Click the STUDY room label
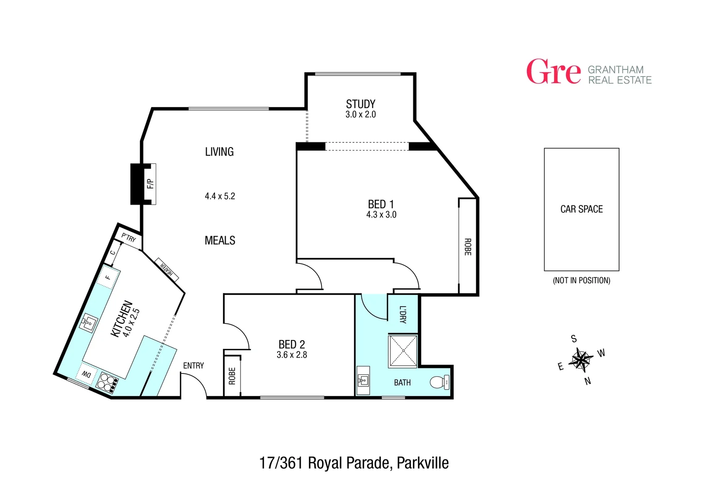click(x=360, y=104)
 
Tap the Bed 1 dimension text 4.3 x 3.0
click(x=381, y=215)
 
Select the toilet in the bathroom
click(x=439, y=382)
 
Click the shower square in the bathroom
click(x=403, y=351)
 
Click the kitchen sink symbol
click(x=88, y=322)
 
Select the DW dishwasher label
click(x=87, y=374)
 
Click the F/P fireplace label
click(x=150, y=184)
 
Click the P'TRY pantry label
click(x=128, y=238)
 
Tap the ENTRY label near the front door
click(x=193, y=366)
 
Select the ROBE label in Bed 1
click(x=468, y=247)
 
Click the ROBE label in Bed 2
click(x=232, y=376)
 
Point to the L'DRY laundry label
click(x=403, y=315)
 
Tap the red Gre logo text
click(x=553, y=72)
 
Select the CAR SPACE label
click(x=582, y=209)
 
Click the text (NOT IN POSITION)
click(x=582, y=280)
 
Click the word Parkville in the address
click(x=423, y=463)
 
